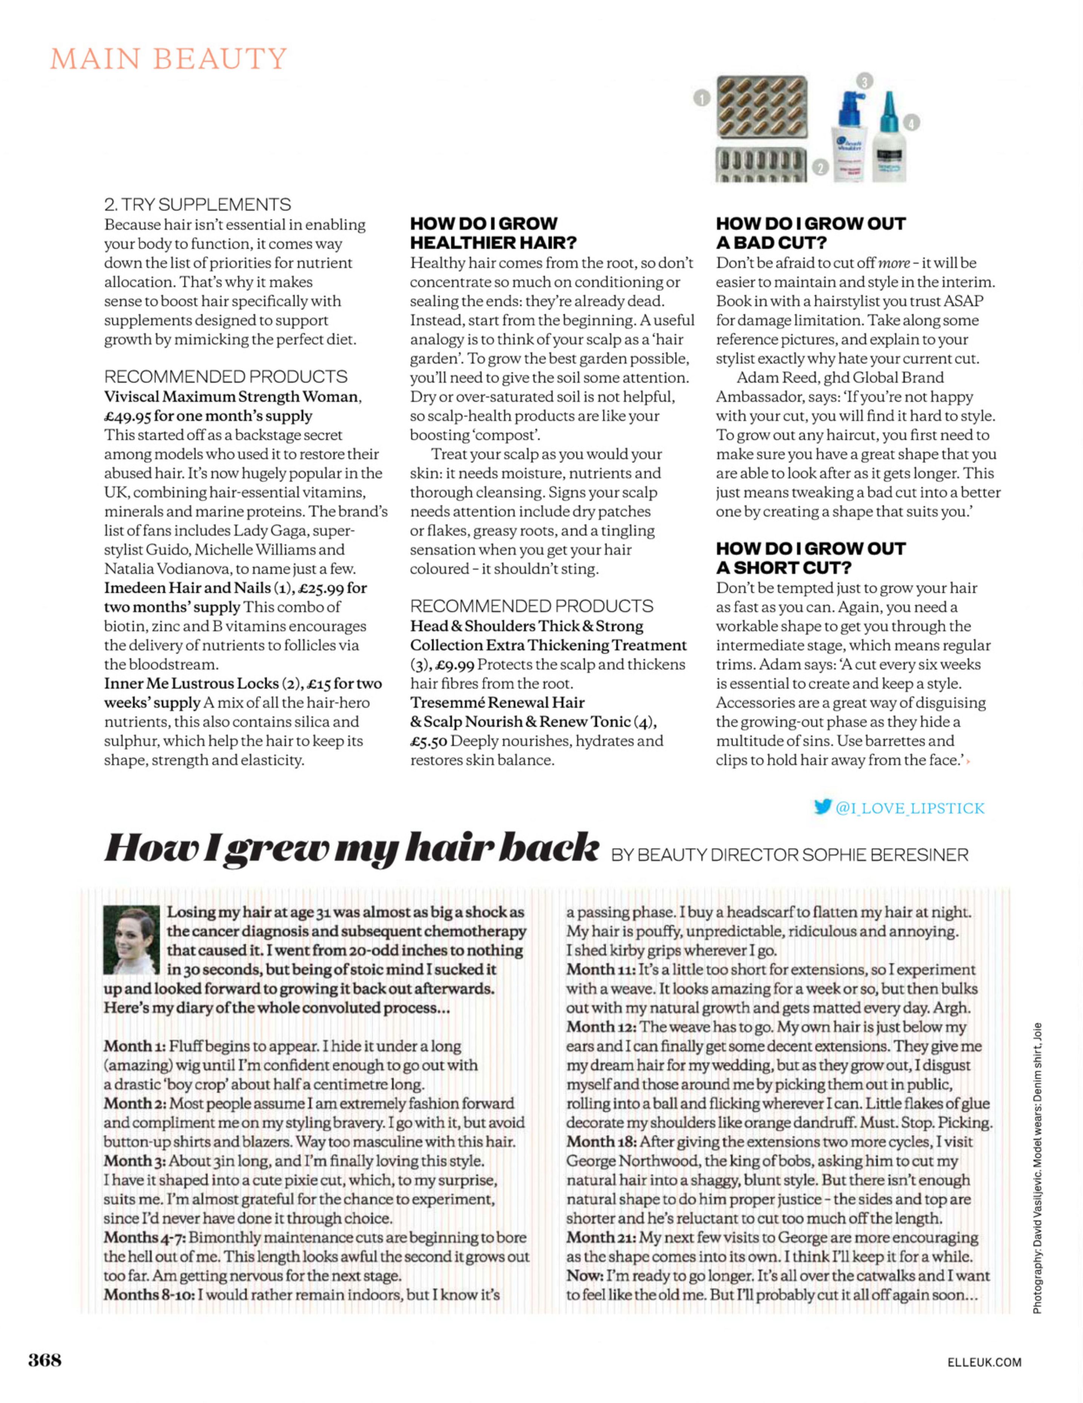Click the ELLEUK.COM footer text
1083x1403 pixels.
[x=984, y=1362]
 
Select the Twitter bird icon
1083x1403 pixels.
[x=822, y=807]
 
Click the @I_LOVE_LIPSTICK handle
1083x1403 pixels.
[x=910, y=808]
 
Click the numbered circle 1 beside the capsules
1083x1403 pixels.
[x=701, y=98]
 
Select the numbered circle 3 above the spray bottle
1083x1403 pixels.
[x=864, y=81]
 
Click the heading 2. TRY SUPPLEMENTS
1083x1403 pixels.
[x=197, y=204]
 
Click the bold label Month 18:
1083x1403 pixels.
[x=601, y=1141]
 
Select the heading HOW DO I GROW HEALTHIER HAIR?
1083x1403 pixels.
[x=493, y=233]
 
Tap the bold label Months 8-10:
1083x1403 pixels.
[x=149, y=1294]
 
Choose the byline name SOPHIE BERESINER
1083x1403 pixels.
[x=885, y=855]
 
